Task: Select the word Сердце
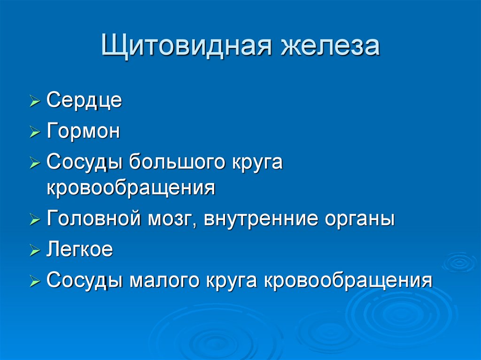(85, 101)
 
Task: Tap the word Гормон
(84, 132)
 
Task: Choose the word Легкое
(80, 250)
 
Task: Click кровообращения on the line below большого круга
(131, 188)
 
